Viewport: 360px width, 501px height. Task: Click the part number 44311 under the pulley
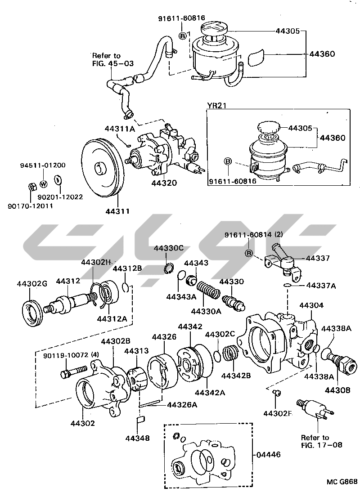click(118, 210)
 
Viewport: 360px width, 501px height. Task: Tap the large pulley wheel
click(100, 168)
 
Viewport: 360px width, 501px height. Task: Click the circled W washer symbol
click(43, 183)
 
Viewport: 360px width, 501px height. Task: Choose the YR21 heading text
click(216, 106)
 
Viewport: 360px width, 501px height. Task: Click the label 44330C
click(169, 248)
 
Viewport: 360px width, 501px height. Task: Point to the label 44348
click(138, 438)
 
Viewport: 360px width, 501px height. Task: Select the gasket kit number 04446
click(268, 455)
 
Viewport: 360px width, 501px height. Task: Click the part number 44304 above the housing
click(311, 305)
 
